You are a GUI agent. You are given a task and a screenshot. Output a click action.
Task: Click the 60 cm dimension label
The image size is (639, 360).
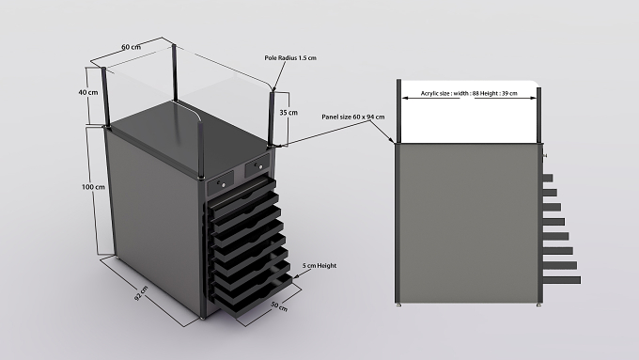pos(131,47)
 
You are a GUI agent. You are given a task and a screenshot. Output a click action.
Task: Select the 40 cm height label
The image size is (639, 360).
pos(88,92)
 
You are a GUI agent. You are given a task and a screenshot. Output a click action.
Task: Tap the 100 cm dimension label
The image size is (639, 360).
pos(93,187)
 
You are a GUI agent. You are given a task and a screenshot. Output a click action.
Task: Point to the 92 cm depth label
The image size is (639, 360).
pos(141,293)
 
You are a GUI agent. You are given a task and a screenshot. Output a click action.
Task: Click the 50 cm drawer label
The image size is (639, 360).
pos(279,306)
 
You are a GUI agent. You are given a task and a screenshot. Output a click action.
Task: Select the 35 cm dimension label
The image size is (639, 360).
pos(288,113)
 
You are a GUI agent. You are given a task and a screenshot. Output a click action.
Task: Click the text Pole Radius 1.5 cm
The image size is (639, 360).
pos(290,58)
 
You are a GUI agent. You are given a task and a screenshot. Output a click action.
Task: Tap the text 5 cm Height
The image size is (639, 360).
pos(319,266)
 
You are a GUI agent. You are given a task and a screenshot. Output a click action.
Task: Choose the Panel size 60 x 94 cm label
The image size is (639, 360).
pos(353,117)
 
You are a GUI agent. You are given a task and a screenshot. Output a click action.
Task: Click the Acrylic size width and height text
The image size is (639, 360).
pos(469,93)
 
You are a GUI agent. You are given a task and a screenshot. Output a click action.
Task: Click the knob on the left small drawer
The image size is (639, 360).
pos(224,184)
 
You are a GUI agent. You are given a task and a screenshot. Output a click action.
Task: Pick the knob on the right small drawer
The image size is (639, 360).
pos(260,166)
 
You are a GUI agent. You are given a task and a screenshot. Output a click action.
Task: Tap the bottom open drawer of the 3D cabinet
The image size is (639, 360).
pos(254,295)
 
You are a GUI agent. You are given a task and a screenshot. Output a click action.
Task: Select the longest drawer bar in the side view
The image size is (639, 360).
pos(562,280)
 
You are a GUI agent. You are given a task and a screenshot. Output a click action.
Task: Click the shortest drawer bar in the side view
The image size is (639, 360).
pos(547,178)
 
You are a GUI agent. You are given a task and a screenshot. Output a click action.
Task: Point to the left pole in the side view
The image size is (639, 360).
pos(399,111)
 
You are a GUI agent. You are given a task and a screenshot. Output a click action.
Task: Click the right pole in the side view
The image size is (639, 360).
pos(539,115)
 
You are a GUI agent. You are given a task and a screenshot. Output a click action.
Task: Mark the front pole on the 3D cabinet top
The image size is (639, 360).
pos(201,150)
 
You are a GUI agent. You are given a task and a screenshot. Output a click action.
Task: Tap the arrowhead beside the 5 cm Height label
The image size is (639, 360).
pos(295,276)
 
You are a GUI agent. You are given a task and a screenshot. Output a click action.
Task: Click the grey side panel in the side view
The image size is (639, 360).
pos(467,223)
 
